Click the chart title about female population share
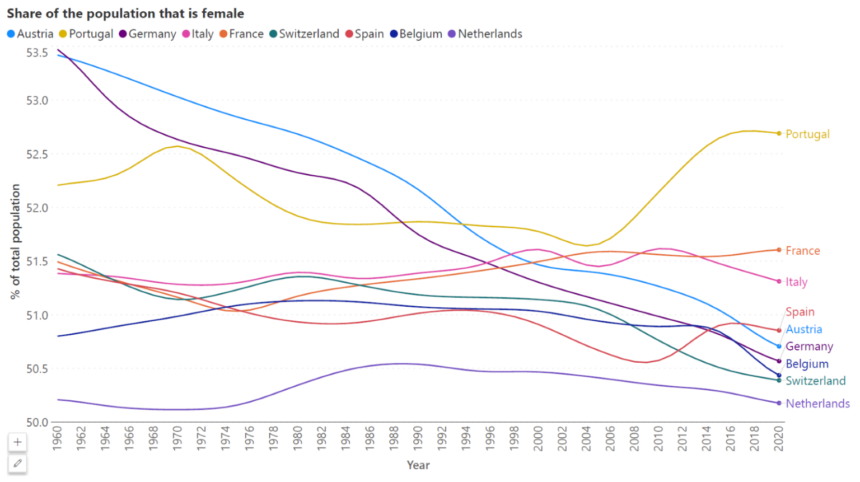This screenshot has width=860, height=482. tap(125, 13)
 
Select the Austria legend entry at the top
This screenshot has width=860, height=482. tap(30, 34)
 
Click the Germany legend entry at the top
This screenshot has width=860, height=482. tap(147, 34)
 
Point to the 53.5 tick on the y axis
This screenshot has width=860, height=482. tap(37, 53)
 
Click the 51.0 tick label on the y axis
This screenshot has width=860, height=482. tap(37, 315)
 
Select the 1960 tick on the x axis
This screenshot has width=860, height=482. tap(57, 438)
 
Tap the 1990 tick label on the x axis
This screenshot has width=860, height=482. tap(418, 438)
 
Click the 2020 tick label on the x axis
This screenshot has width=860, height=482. tap(778, 438)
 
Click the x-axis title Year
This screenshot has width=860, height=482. tap(418, 465)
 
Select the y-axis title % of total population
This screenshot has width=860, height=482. tap(15, 242)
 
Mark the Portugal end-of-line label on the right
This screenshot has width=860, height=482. tap(807, 134)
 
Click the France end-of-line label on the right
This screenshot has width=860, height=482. tap(802, 251)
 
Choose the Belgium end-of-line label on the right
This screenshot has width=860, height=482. tap(807, 364)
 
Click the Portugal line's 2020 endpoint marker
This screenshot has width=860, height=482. tap(779, 133)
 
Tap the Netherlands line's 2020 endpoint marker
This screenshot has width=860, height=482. tap(779, 403)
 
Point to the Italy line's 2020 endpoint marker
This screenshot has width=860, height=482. tap(779, 282)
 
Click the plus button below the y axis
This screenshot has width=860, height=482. tap(17, 442)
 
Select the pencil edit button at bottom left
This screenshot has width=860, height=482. tap(17, 464)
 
